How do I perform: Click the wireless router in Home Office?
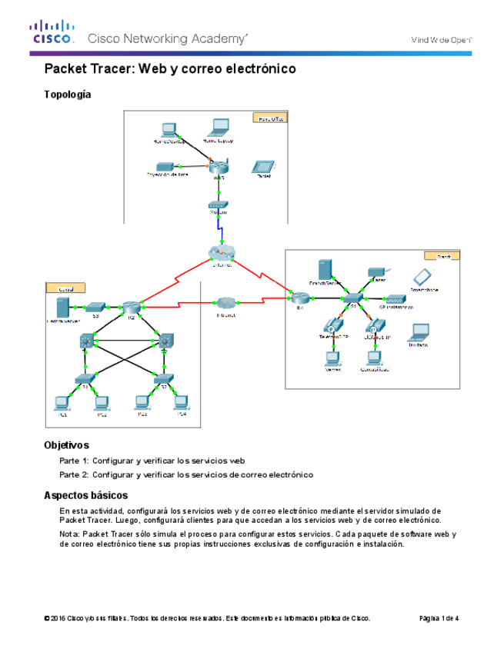coord(219,167)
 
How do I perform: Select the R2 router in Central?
coord(132,306)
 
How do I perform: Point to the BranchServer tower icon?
coord(325,270)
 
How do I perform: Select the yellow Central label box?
coord(62,288)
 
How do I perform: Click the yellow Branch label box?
coord(442,255)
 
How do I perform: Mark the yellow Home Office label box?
coord(269,118)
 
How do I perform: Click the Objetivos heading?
coord(66,445)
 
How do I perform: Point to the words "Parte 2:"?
coord(74,475)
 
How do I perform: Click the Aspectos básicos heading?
coord(85,495)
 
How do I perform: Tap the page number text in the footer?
coord(439,618)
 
